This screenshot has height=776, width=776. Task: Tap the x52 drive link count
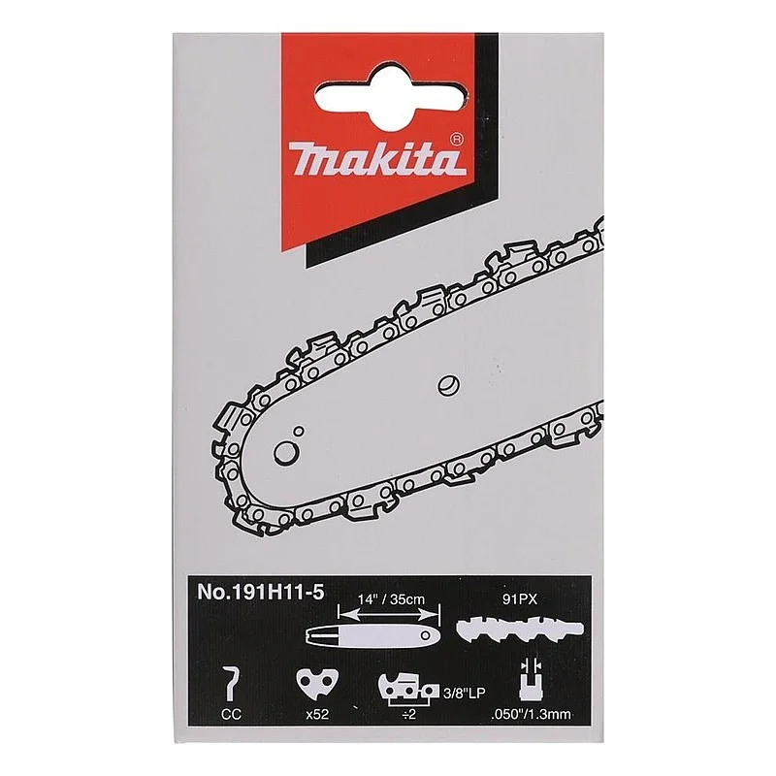(312, 719)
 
